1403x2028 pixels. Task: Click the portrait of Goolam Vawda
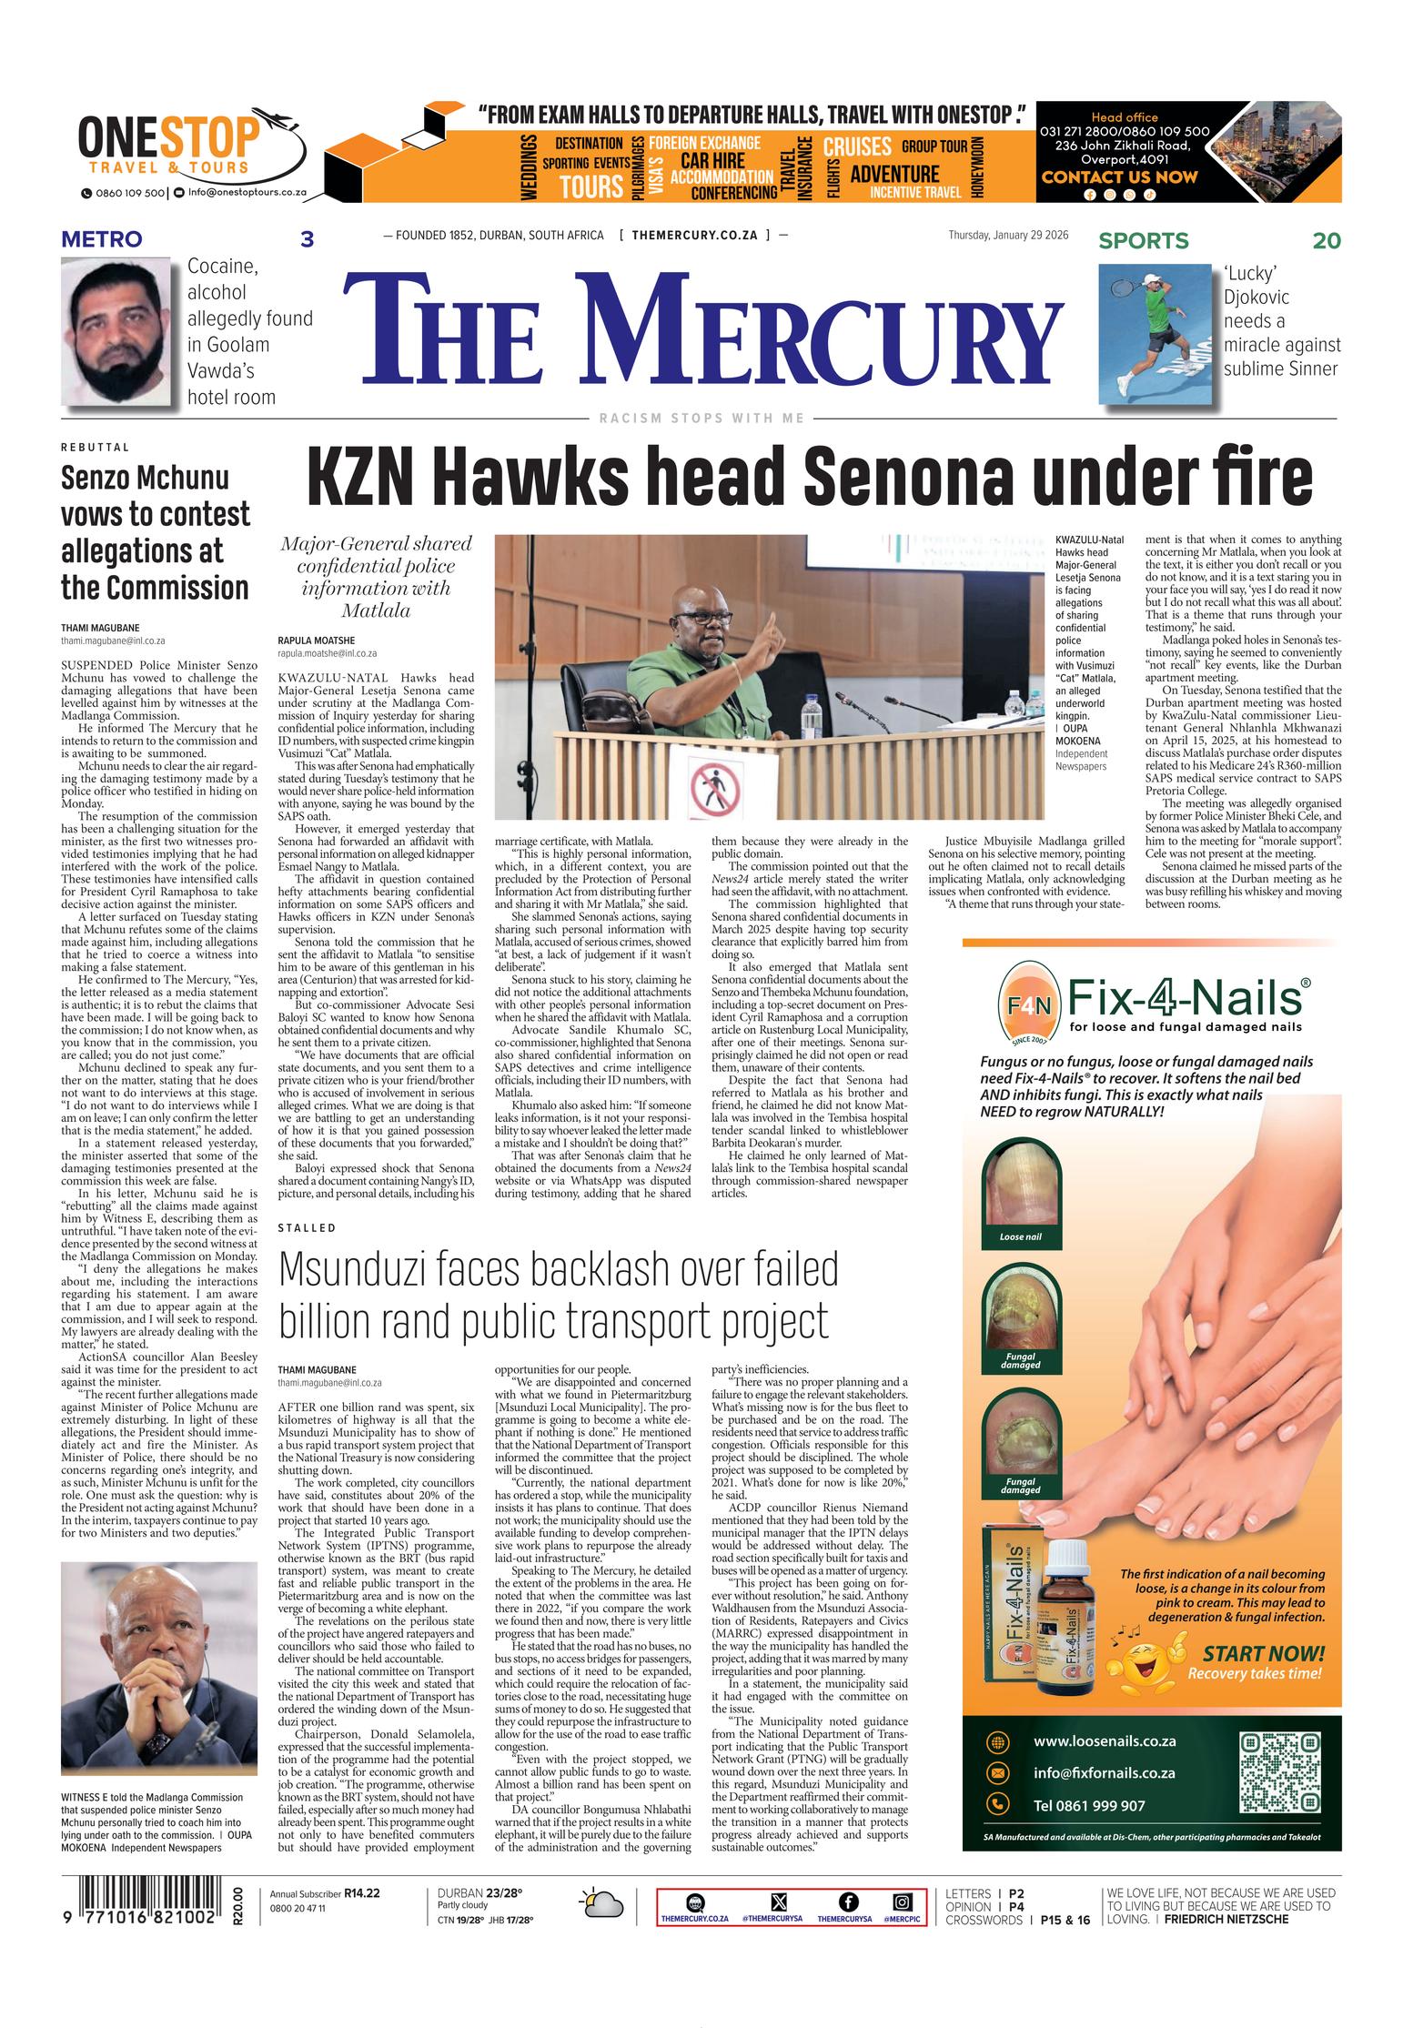point(116,331)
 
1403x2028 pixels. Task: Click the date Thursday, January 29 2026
point(1008,236)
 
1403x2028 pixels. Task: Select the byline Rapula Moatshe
point(317,640)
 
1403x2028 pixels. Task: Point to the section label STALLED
point(307,1227)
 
